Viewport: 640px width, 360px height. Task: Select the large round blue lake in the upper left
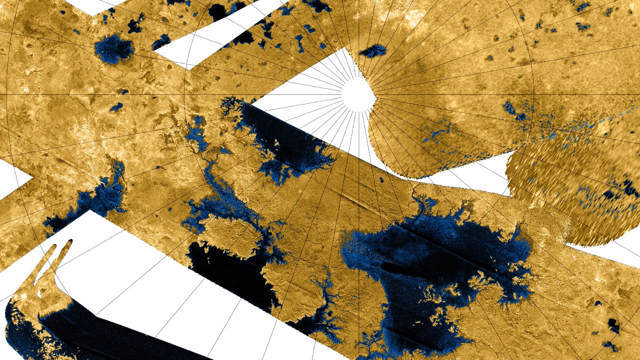[x=114, y=49]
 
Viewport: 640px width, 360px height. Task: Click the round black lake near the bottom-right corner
[x=613, y=325]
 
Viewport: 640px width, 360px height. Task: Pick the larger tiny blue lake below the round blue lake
[x=116, y=106]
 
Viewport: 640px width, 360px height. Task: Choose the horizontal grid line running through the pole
[x=150, y=94]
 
